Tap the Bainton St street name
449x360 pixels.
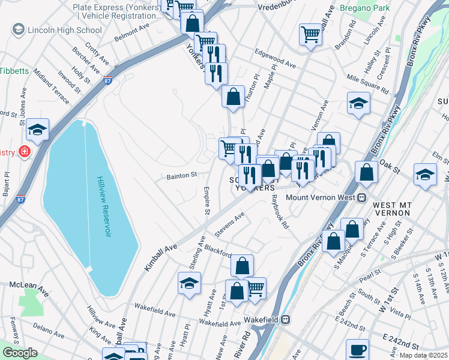click(182, 176)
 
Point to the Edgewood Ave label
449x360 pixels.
click(276, 61)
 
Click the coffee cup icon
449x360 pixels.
click(358, 349)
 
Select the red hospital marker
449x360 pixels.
click(25, 152)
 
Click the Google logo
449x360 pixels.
click(20, 353)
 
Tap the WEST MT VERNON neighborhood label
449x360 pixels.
click(392, 209)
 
